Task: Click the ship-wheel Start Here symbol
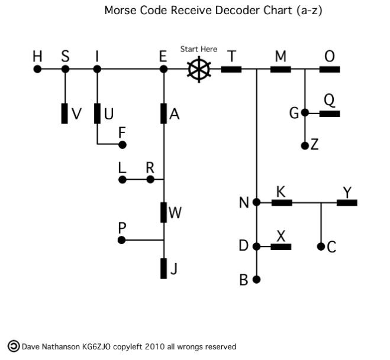point(199,69)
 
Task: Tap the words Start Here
point(199,49)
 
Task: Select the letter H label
point(37,56)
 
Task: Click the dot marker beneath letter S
point(65,69)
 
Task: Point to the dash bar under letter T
point(231,69)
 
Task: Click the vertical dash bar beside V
point(65,113)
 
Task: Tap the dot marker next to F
point(123,144)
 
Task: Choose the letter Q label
point(330,100)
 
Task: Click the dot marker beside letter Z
point(305,145)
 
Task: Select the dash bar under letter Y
point(347,202)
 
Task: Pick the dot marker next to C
point(321,247)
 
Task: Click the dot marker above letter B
point(256,279)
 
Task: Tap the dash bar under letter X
point(281,247)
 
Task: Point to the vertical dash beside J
point(163,268)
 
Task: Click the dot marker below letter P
point(121,240)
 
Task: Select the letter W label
point(175,213)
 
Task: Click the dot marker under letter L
point(121,179)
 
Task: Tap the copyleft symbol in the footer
point(12,346)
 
